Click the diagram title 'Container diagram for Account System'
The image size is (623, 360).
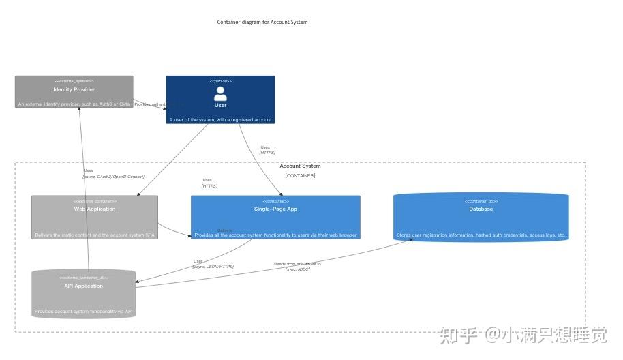click(x=262, y=22)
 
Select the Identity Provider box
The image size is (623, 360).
click(x=74, y=91)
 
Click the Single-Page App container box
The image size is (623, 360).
click(x=275, y=217)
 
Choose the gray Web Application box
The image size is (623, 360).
click(x=95, y=217)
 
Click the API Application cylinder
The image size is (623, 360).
click(x=84, y=294)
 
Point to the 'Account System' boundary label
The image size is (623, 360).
click(x=300, y=166)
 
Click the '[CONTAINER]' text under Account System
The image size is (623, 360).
click(x=300, y=175)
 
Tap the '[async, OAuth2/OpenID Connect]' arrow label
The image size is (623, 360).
click(x=114, y=177)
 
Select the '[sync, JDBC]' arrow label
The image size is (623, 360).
click(x=297, y=269)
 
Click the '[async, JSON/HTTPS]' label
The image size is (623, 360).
click(x=213, y=267)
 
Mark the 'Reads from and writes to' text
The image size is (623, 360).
click(x=297, y=263)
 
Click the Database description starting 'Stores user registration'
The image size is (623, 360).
click(x=481, y=235)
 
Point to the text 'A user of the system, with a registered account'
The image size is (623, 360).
click(x=220, y=119)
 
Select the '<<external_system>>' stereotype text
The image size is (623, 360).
click(x=74, y=81)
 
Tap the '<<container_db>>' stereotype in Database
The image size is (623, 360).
click(x=481, y=201)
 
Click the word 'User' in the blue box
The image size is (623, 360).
click(x=220, y=105)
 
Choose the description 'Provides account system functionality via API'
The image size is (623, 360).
click(x=84, y=311)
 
